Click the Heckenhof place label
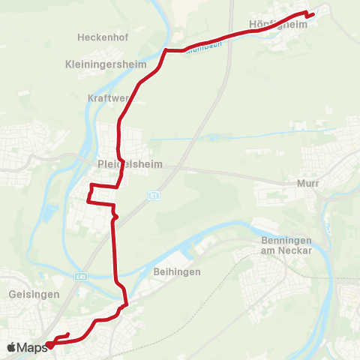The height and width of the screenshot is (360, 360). [100, 36]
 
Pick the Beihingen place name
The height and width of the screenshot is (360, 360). [176, 271]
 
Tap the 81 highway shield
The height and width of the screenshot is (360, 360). [153, 195]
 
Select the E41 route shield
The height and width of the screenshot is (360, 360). [80, 276]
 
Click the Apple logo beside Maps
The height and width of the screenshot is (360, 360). [11, 347]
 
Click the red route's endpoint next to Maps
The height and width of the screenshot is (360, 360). [49, 346]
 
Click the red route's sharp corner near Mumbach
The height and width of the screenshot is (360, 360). [165, 50]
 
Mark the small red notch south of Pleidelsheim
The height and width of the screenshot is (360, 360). [115, 218]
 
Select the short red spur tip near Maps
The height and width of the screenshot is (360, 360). [68, 334]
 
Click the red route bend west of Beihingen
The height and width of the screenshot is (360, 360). [126, 303]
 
